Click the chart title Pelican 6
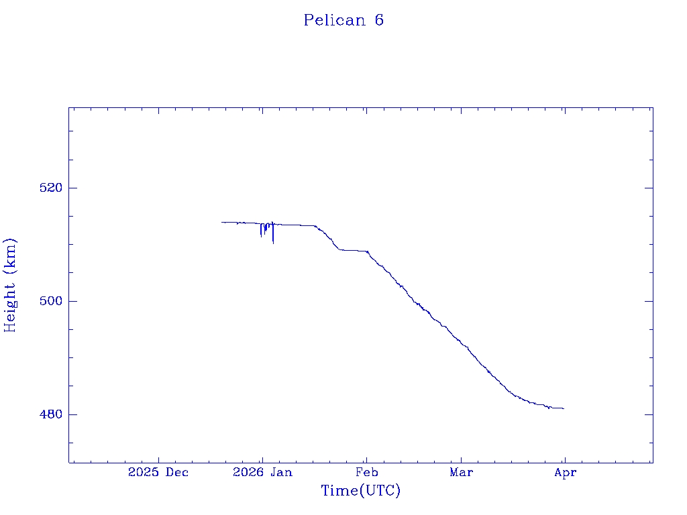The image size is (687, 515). tap(343, 20)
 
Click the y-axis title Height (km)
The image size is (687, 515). tap(10, 285)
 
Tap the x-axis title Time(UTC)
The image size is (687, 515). tap(361, 491)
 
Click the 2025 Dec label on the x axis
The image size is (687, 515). tap(158, 473)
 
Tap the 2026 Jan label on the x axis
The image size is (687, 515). tap(262, 473)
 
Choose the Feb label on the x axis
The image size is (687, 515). tap(366, 473)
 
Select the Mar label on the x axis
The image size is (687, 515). tap(461, 473)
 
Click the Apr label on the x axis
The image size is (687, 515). tap(565, 473)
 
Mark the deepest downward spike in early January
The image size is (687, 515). tap(273, 242)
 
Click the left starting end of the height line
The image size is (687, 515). tap(222, 222)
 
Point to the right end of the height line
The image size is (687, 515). tap(564, 408)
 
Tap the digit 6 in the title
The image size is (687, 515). tap(379, 20)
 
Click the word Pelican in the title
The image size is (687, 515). tap(334, 20)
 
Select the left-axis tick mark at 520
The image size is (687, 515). tap(72, 188)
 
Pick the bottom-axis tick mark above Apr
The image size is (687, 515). tap(565, 459)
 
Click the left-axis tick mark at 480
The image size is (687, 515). tap(72, 414)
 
